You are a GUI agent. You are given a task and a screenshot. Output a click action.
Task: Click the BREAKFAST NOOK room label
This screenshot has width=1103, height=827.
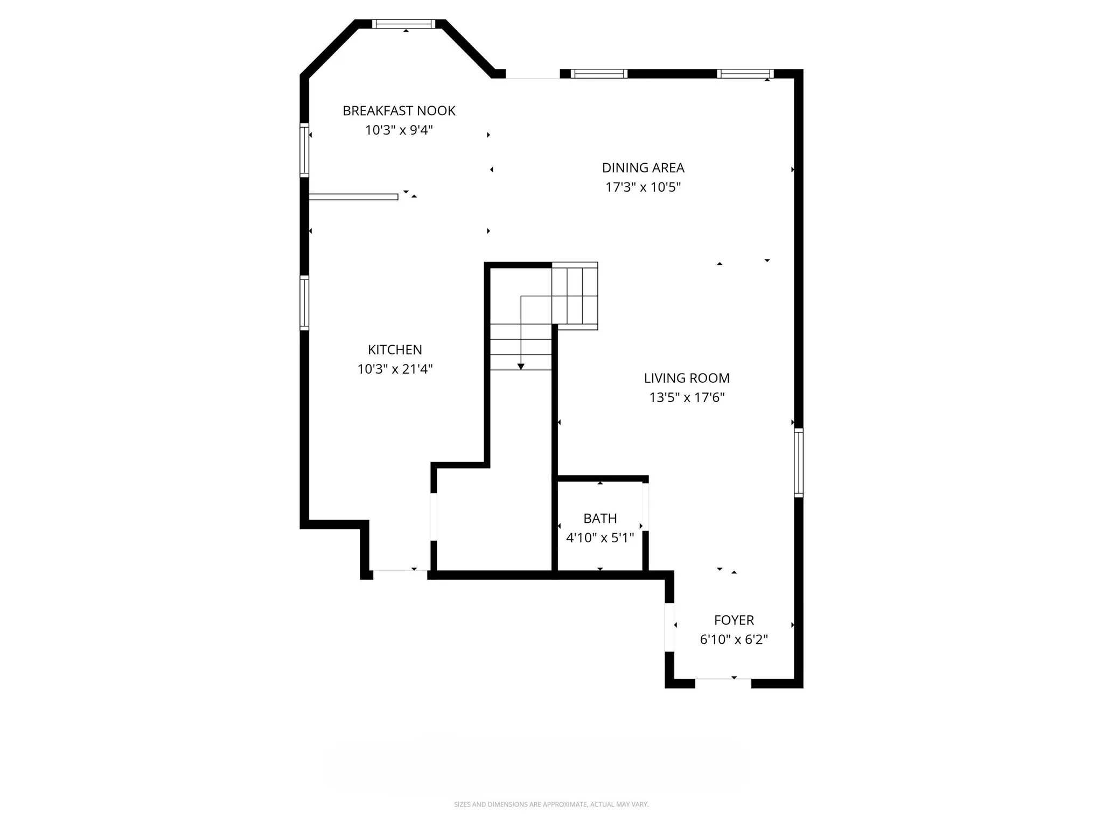point(399,111)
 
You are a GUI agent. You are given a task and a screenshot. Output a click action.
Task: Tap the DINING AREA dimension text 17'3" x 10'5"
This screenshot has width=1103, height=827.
point(643,187)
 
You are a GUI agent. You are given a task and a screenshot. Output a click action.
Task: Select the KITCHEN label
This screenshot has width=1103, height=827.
point(395,350)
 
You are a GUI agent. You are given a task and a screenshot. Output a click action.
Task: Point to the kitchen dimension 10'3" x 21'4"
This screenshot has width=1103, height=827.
point(395,369)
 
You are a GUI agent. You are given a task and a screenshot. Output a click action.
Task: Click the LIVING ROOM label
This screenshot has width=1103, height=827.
point(687,379)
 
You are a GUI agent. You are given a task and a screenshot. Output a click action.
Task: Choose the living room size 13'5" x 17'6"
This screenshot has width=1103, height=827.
point(687,398)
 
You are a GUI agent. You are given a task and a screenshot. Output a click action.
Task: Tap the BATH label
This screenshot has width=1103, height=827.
point(600,518)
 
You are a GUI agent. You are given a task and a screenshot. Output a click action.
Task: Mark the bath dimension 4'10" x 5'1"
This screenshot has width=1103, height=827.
point(600,538)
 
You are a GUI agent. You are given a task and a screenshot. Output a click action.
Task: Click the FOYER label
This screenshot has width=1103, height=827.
point(734,620)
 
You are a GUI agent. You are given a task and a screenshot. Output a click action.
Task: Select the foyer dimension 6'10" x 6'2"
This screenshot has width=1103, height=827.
point(734,640)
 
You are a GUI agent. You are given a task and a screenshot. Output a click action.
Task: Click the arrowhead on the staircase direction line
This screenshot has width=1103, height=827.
point(521,367)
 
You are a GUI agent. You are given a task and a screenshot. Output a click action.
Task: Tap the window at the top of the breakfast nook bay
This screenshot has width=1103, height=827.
point(404,24)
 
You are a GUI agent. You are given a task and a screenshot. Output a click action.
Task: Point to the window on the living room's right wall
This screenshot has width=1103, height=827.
point(799,462)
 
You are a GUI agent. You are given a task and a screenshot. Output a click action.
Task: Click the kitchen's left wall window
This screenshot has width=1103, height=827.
point(304,303)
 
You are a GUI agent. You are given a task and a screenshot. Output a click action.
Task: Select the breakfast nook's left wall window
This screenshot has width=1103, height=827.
point(304,150)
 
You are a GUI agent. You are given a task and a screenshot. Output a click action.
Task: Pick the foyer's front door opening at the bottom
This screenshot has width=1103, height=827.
point(723,683)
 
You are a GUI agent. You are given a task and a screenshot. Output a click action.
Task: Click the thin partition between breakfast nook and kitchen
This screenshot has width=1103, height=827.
point(353,197)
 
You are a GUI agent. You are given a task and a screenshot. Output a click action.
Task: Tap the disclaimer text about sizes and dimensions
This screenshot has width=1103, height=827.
point(551,804)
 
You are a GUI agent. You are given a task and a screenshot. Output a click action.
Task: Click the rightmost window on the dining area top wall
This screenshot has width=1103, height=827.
point(745,74)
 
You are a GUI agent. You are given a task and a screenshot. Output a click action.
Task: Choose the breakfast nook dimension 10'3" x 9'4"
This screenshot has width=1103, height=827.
point(399,130)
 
